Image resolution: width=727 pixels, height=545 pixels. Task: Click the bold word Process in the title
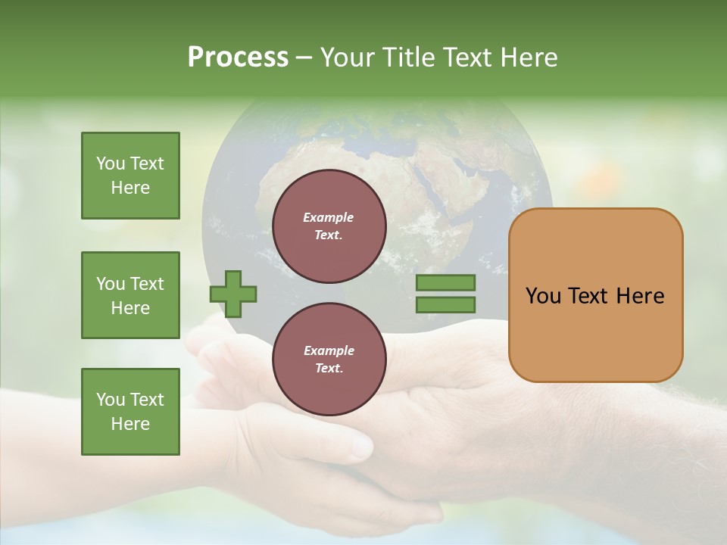pos(238,58)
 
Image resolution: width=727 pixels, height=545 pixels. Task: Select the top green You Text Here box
pos(130,176)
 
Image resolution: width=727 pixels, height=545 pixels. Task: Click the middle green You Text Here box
pos(130,295)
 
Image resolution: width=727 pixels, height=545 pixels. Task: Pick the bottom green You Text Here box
pos(130,412)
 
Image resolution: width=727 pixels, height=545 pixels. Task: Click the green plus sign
pos(233,294)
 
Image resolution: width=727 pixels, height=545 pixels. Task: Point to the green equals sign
pos(445,294)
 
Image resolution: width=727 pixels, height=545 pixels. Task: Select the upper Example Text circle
pos(329,226)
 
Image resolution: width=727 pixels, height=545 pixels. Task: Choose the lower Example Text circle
pos(329,360)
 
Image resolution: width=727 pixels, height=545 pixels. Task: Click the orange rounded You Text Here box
pos(595,295)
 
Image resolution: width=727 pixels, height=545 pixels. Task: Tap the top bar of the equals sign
pos(445,283)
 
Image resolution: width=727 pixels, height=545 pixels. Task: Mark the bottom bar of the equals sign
pos(445,304)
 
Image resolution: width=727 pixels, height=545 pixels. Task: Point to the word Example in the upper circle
pos(328,217)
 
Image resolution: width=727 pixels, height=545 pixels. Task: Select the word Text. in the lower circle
pos(329,369)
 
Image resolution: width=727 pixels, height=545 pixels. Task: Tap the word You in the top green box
pos(109,163)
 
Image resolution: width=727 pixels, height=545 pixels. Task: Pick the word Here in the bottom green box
pos(130,424)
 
